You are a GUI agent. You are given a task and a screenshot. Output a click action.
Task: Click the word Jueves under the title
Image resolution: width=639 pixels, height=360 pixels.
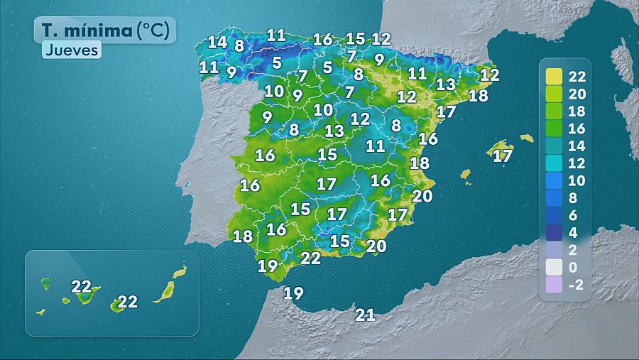pyautogui.click(x=71, y=50)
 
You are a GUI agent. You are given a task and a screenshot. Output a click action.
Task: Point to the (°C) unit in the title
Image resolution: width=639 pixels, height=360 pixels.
pyautogui.click(x=153, y=30)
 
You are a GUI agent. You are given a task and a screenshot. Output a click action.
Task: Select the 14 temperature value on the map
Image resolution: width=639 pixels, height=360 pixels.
pyautogui.click(x=217, y=43)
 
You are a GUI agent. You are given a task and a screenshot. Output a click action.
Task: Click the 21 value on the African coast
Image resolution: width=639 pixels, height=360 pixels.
pyautogui.click(x=365, y=315)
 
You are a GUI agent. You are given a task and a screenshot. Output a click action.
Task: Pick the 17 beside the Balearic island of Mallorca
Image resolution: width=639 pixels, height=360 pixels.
pyautogui.click(x=503, y=156)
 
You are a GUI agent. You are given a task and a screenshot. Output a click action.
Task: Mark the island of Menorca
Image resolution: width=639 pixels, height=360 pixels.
pyautogui.click(x=526, y=138)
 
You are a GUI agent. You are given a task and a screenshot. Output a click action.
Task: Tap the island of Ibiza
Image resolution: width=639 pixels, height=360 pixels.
pyautogui.click(x=466, y=174)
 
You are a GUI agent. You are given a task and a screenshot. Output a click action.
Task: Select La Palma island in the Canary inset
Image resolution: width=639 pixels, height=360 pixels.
pyautogui.click(x=46, y=283)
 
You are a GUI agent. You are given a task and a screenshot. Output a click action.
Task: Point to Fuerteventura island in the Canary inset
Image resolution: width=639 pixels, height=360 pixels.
pyautogui.click(x=166, y=290)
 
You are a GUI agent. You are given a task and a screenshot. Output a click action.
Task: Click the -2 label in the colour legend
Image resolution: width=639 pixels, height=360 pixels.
pyautogui.click(x=577, y=285)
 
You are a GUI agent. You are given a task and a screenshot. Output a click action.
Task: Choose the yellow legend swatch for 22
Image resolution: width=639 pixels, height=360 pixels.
pyautogui.click(x=554, y=76)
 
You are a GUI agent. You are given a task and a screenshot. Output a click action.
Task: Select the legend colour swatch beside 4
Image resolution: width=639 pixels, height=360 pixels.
pyautogui.click(x=554, y=232)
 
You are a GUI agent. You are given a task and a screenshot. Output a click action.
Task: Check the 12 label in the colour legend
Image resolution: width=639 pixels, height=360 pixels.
pyautogui.click(x=577, y=163)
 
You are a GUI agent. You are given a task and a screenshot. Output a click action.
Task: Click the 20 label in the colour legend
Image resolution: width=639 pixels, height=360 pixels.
pyautogui.click(x=577, y=93)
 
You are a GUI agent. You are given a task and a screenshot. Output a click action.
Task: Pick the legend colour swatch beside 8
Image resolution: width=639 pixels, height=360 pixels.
pyautogui.click(x=554, y=197)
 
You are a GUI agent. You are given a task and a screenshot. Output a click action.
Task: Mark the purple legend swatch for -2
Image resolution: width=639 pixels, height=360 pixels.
pyautogui.click(x=554, y=285)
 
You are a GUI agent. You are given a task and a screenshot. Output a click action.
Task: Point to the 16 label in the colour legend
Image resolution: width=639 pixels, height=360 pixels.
pyautogui.click(x=577, y=128)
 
